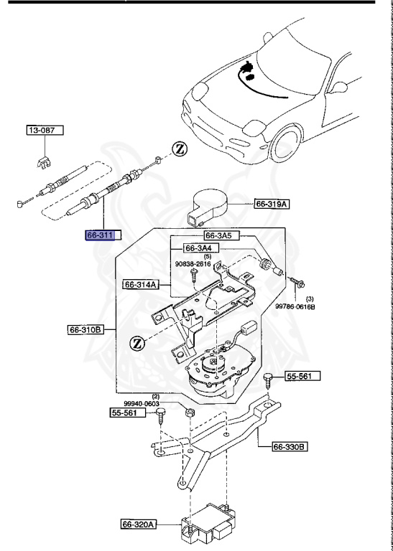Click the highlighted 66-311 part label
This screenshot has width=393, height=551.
click(103, 235)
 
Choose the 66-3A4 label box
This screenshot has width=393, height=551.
click(200, 248)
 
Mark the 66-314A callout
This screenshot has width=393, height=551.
click(141, 284)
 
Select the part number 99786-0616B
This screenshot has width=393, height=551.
click(297, 306)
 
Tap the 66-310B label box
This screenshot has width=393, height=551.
click(86, 331)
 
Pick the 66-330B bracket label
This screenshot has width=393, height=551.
click(290, 447)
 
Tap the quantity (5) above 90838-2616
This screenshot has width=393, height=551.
click(186, 257)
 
